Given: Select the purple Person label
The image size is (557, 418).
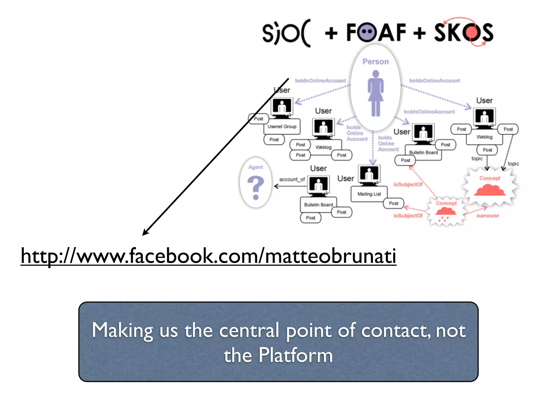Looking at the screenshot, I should (375, 62).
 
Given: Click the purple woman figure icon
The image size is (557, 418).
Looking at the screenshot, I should (376, 93).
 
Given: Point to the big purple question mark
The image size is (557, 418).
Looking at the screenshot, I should (256, 188).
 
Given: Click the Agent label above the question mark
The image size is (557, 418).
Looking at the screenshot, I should (255, 167).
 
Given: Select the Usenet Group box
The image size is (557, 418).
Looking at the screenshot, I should (282, 127).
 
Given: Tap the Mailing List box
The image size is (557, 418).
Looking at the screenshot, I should (369, 194).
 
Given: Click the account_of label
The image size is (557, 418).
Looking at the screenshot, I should (292, 180).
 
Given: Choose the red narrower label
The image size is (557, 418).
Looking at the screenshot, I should (488, 216).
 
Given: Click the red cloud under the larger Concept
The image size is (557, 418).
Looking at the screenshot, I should (489, 190).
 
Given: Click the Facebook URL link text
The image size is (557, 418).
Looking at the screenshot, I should (208, 256).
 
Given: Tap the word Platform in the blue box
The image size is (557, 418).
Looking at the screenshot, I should (296, 355).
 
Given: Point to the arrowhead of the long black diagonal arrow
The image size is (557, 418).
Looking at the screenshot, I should (144, 234).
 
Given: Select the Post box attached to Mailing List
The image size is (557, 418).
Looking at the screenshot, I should (393, 203).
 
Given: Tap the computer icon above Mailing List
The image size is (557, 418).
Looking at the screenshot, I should (369, 174).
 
